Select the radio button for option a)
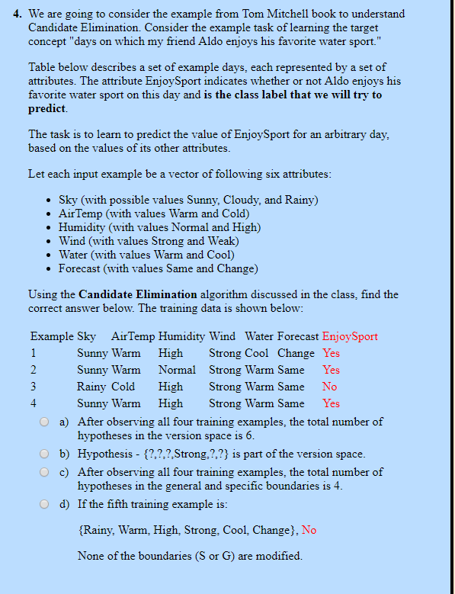[46, 422]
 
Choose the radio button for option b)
[46, 454]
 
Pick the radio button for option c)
[46, 473]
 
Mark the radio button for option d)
[46, 505]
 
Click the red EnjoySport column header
[350, 336]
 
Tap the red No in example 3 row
[329, 387]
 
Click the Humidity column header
[181, 336]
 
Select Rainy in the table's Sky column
[91, 387]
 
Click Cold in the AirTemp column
[123, 387]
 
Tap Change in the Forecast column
[296, 353]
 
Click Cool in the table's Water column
[256, 353]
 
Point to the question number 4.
[18, 14]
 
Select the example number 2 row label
[34, 370]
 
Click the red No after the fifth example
[309, 530]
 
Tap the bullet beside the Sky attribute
[50, 201]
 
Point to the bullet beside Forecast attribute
[50, 269]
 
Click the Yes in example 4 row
[331, 403]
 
